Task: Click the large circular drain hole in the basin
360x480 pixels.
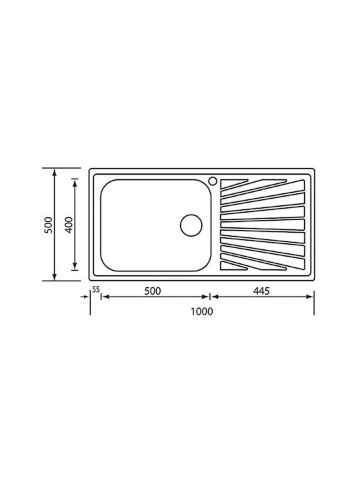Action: (191, 225)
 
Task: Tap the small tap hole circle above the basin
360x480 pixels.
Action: (213, 181)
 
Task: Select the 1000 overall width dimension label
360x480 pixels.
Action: (202, 311)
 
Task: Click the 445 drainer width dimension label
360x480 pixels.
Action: (261, 291)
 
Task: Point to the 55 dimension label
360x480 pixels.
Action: (96, 289)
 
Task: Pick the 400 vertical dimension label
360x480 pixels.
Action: (70, 225)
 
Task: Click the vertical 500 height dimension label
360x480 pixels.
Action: (49, 225)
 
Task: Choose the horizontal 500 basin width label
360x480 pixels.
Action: (153, 291)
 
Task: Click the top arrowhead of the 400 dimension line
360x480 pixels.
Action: (75, 183)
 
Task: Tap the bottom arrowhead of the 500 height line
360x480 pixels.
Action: (55, 277)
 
